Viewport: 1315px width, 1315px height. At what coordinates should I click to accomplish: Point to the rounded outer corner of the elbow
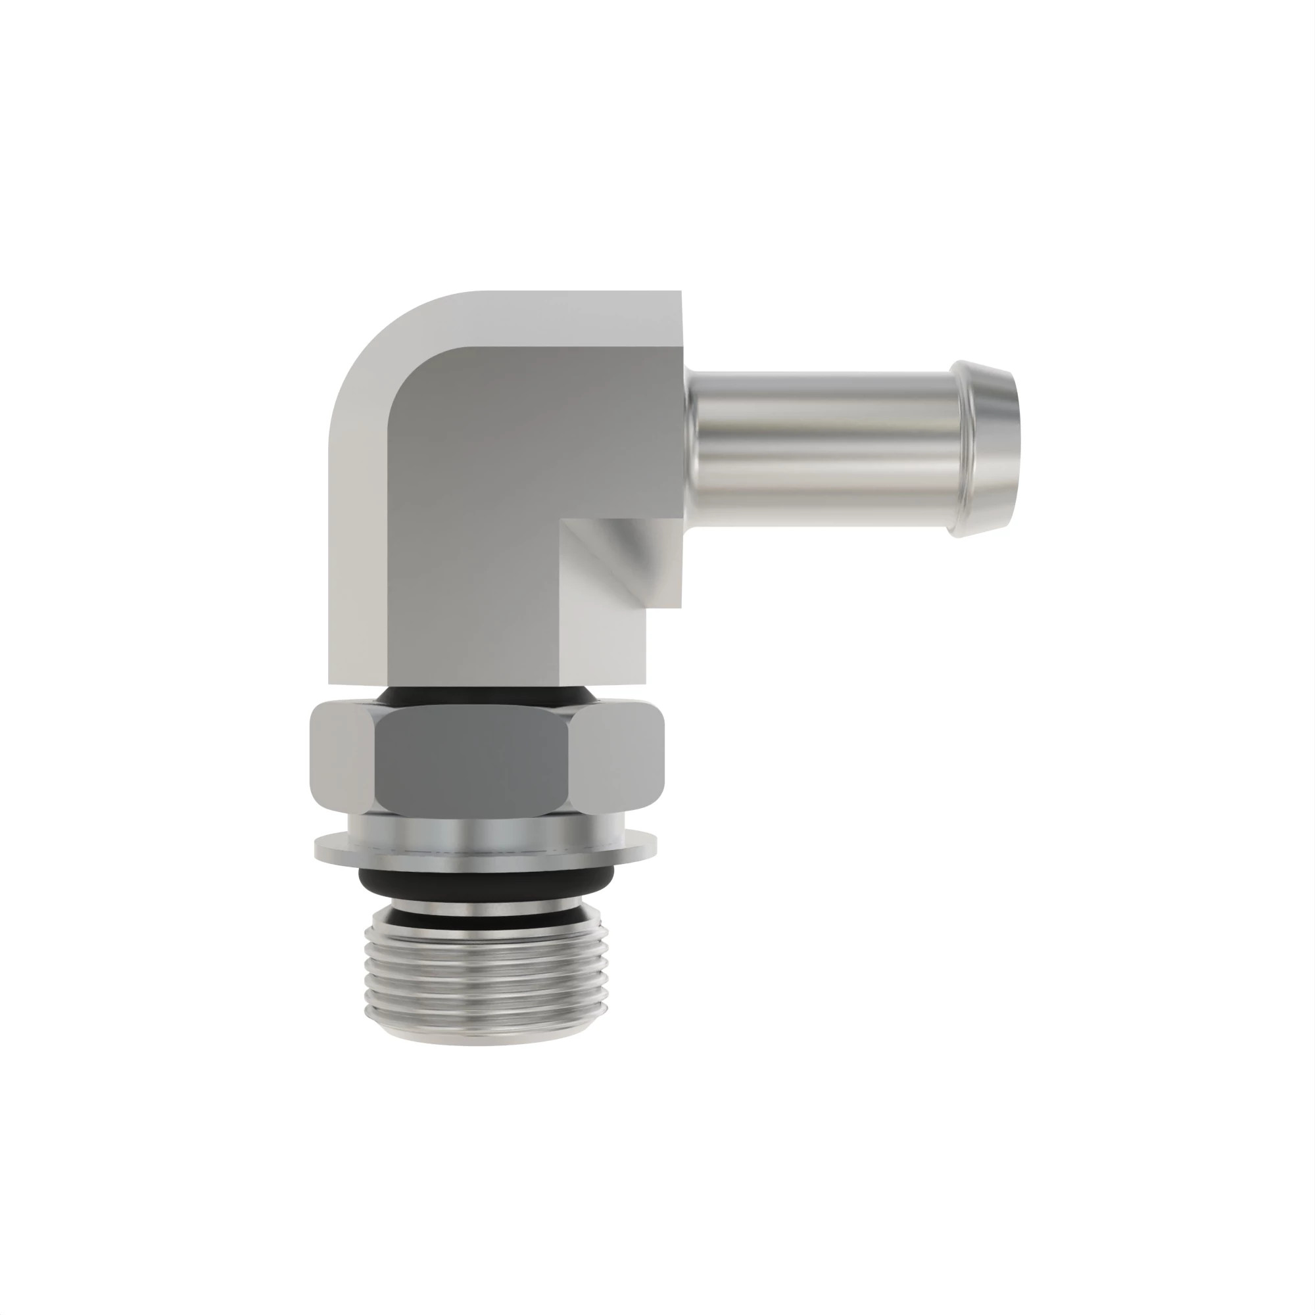tap(381, 341)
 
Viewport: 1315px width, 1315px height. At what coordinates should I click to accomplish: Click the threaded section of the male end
tap(483, 967)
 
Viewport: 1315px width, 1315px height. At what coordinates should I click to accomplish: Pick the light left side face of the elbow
tap(357, 544)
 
